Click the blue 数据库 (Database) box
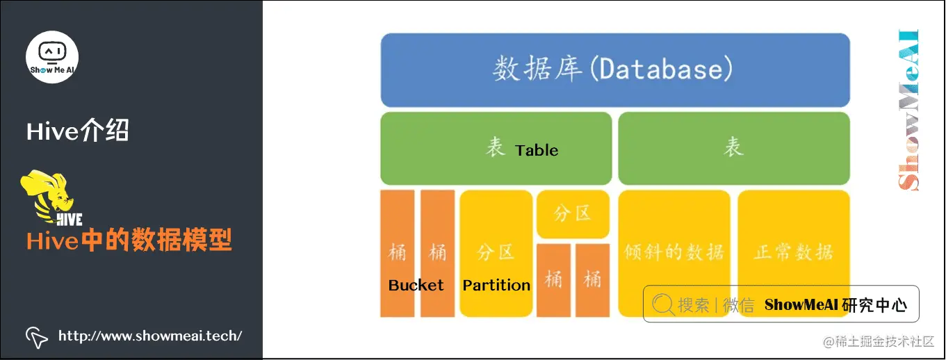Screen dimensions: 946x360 tap(615, 70)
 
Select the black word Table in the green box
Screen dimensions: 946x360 tap(537, 150)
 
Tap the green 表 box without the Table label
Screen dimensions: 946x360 tap(733, 148)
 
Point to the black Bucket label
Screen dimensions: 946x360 tap(416, 285)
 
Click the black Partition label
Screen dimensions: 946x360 tap(496, 285)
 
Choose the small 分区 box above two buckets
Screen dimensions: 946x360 tap(573, 214)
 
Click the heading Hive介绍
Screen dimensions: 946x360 tap(78, 131)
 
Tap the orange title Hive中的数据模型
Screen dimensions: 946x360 tap(129, 240)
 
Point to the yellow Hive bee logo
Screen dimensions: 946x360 tap(52, 199)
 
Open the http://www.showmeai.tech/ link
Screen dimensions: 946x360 tap(150, 336)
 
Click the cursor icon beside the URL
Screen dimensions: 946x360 tap(37, 336)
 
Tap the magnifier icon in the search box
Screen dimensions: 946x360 tap(663, 304)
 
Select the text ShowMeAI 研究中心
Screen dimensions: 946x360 tap(835, 304)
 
